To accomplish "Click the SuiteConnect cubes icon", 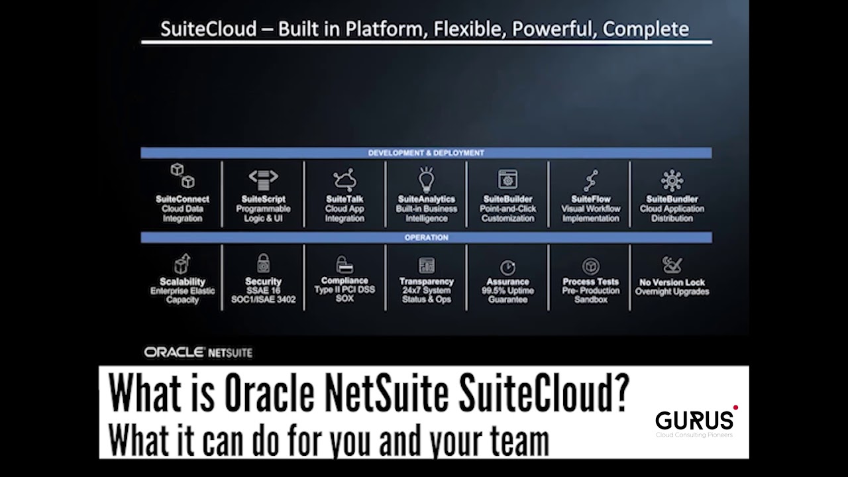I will click(x=182, y=176).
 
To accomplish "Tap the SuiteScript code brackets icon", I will click(x=263, y=178).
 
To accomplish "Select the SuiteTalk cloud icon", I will click(x=344, y=180).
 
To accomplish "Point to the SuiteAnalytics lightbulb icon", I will click(x=426, y=179).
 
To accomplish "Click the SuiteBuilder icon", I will click(x=507, y=179).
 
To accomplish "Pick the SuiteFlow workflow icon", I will click(x=590, y=180).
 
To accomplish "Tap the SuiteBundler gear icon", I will click(x=672, y=180).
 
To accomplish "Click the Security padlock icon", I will click(x=263, y=263).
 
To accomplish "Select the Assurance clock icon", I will click(x=507, y=267).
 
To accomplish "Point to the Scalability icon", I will click(x=182, y=264).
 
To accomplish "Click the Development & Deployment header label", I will click(x=426, y=153).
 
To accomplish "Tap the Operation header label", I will click(x=426, y=237).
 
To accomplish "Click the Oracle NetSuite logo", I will click(x=198, y=352).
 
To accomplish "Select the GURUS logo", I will click(x=696, y=420).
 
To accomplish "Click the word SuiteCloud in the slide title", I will click(x=209, y=29).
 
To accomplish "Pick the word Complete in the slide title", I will click(x=646, y=29).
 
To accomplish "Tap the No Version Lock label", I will click(x=672, y=282).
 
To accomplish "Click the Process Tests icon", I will click(x=590, y=266).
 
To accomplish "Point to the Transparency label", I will click(x=426, y=282).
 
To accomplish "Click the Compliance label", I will click(x=344, y=280).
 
